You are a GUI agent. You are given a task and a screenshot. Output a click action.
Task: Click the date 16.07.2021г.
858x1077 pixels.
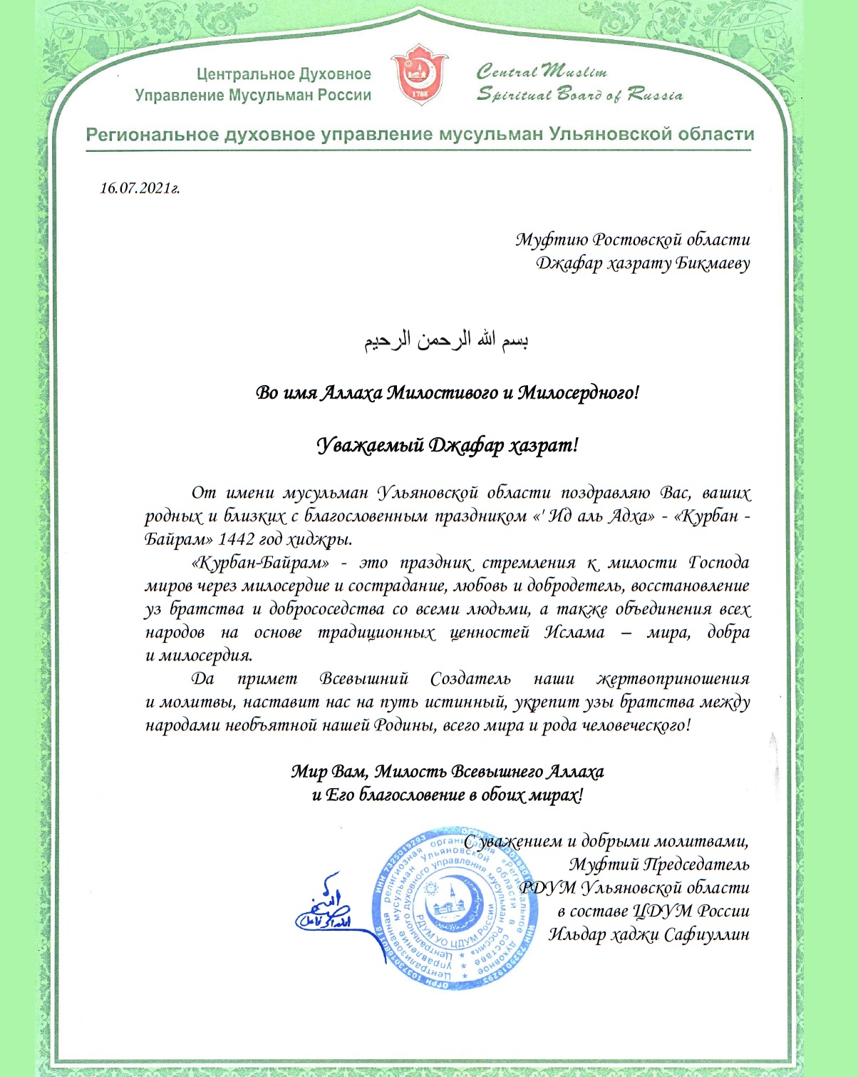tap(140, 188)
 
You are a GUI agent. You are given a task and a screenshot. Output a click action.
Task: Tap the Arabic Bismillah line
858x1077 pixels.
tap(446, 340)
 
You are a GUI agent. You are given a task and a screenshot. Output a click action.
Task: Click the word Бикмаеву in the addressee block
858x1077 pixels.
tap(713, 264)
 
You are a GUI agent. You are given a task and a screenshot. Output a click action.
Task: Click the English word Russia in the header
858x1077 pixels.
tap(655, 95)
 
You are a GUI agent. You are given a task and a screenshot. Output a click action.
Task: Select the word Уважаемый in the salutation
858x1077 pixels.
tap(368, 446)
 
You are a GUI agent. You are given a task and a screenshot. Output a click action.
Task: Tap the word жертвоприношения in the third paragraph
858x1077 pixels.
tap(673, 678)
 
